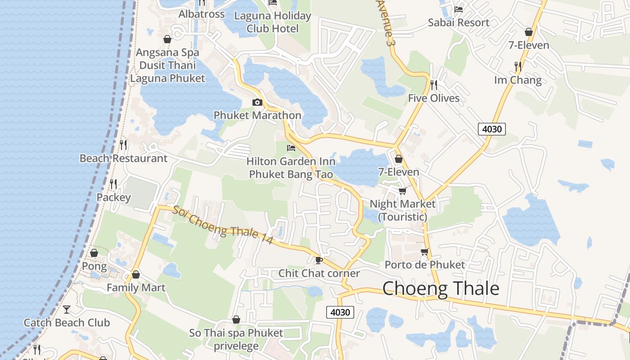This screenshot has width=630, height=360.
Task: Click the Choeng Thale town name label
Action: tap(441, 288)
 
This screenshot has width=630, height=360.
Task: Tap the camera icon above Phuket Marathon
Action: tap(257, 102)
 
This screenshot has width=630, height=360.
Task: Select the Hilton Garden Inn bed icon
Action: tap(291, 148)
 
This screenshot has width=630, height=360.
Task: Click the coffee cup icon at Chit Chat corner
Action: tap(319, 260)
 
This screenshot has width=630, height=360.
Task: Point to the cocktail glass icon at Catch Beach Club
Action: tap(67, 309)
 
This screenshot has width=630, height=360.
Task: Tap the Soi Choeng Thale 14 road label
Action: tap(223, 225)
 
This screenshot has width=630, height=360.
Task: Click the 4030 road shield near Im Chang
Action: tap(491, 129)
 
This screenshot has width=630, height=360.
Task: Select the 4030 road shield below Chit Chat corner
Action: tap(340, 312)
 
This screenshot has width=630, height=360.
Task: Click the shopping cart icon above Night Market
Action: tap(402, 191)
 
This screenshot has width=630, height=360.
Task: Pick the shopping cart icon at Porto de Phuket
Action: tap(424, 252)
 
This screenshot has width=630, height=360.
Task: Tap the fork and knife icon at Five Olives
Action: tap(434, 85)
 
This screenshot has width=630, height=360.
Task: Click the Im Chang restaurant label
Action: tap(518, 80)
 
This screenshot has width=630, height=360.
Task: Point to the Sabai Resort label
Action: tap(459, 22)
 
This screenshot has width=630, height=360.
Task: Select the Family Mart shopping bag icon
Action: tap(136, 274)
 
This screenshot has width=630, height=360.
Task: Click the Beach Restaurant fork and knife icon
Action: tap(123, 145)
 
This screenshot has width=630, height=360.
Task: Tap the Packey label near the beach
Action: tap(114, 197)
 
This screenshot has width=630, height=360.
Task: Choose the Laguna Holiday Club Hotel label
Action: tap(273, 22)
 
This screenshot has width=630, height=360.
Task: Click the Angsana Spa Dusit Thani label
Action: tap(167, 65)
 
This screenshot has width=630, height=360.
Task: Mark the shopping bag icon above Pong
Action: tap(94, 253)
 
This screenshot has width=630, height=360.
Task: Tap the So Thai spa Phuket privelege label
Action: tap(236, 339)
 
